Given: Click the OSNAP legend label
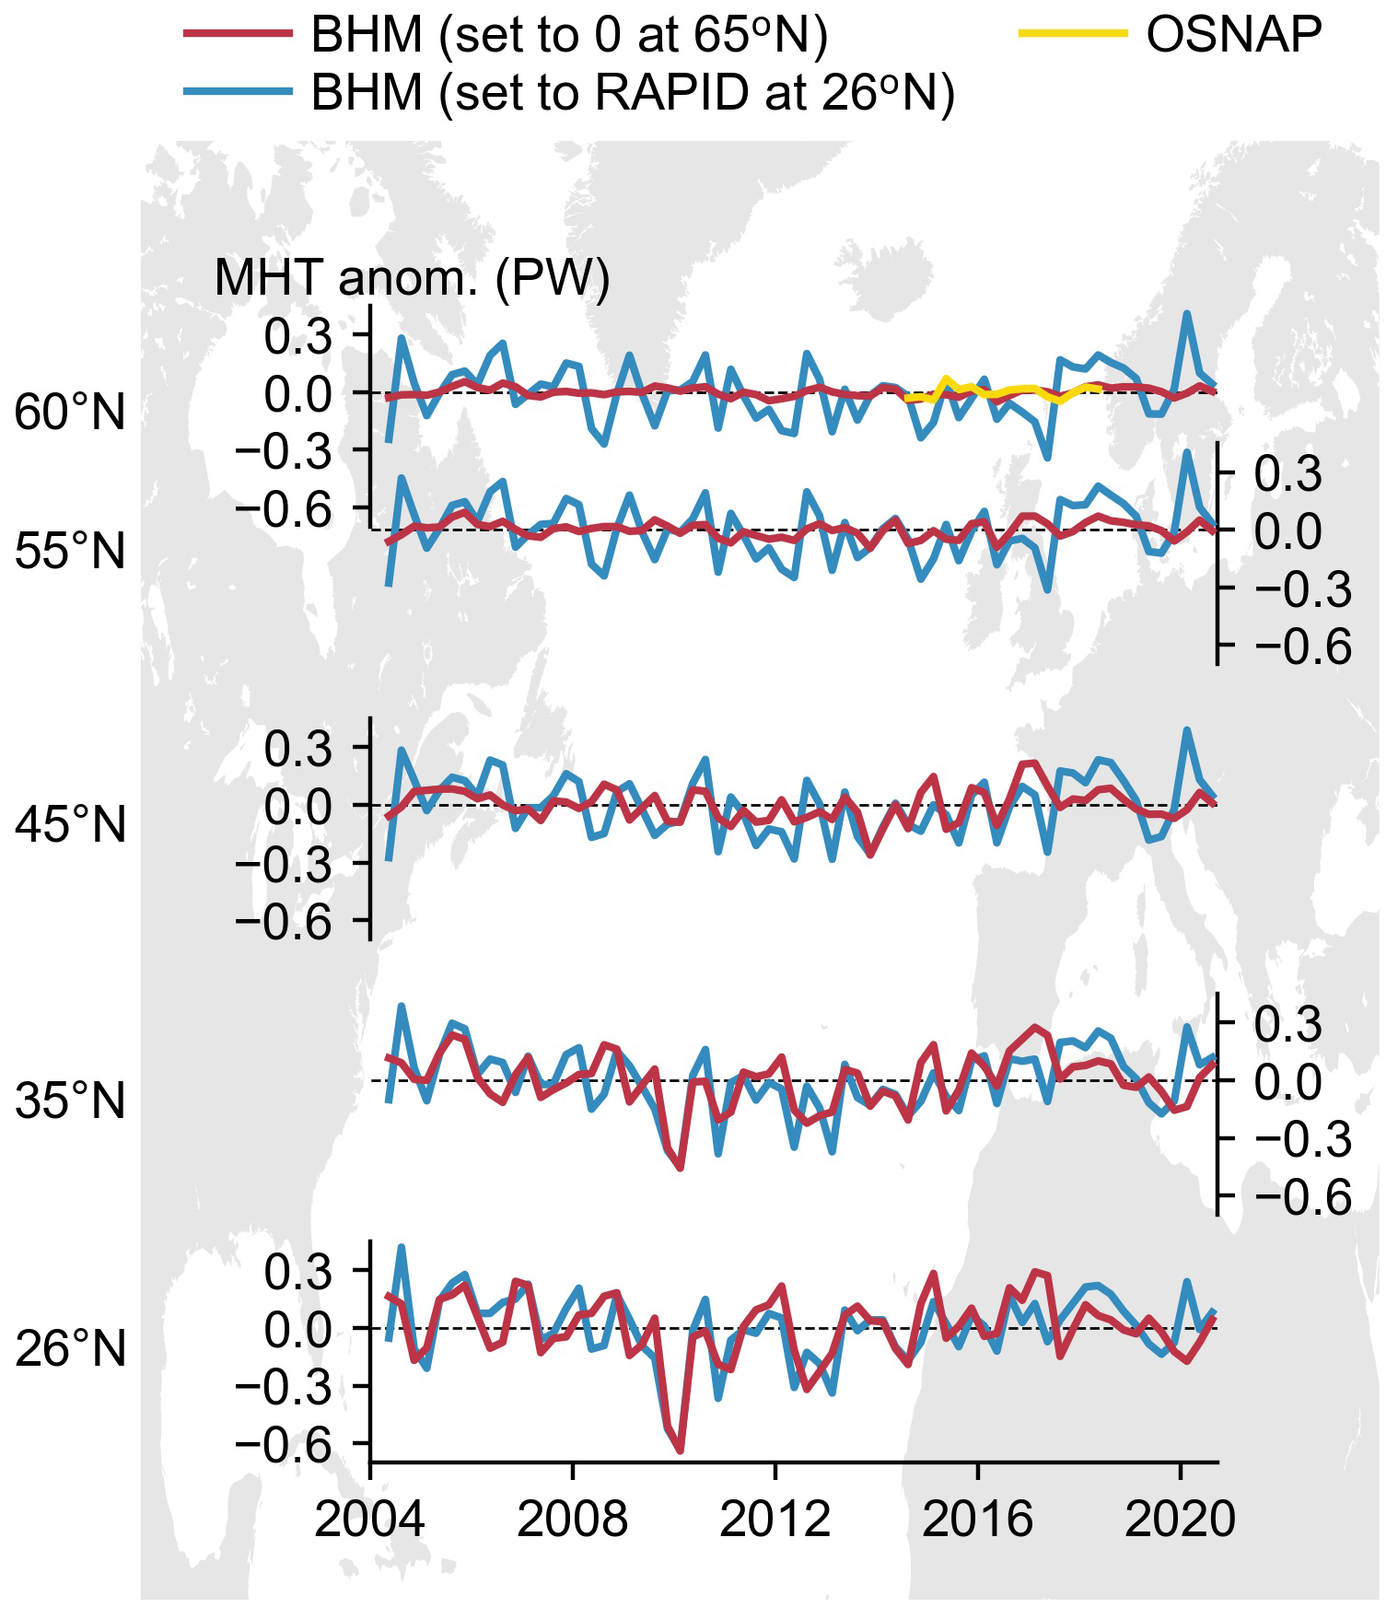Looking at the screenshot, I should (x=1233, y=35).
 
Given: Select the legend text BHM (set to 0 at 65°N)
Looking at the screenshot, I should (x=569, y=35).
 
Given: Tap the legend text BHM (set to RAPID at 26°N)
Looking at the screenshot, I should (x=633, y=92).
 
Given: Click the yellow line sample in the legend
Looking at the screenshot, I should (x=1072, y=34).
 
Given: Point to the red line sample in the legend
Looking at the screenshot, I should (x=238, y=34).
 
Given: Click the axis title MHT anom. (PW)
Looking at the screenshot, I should (x=412, y=276).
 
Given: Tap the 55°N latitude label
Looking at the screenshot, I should (x=70, y=552).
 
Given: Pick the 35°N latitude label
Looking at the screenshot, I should (x=70, y=1101).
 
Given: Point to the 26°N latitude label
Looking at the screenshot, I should (x=70, y=1350).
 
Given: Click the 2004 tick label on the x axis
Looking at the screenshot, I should (x=369, y=1518).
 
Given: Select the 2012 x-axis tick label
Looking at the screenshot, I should (x=775, y=1518).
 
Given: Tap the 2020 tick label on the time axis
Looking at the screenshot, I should (x=1180, y=1518).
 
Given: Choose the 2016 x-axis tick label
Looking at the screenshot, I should (x=977, y=1518).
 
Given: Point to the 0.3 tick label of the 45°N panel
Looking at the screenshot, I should (x=297, y=749).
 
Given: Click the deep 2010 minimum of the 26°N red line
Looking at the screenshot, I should (x=681, y=1451).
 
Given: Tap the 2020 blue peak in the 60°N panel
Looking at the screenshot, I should (x=1187, y=313).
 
